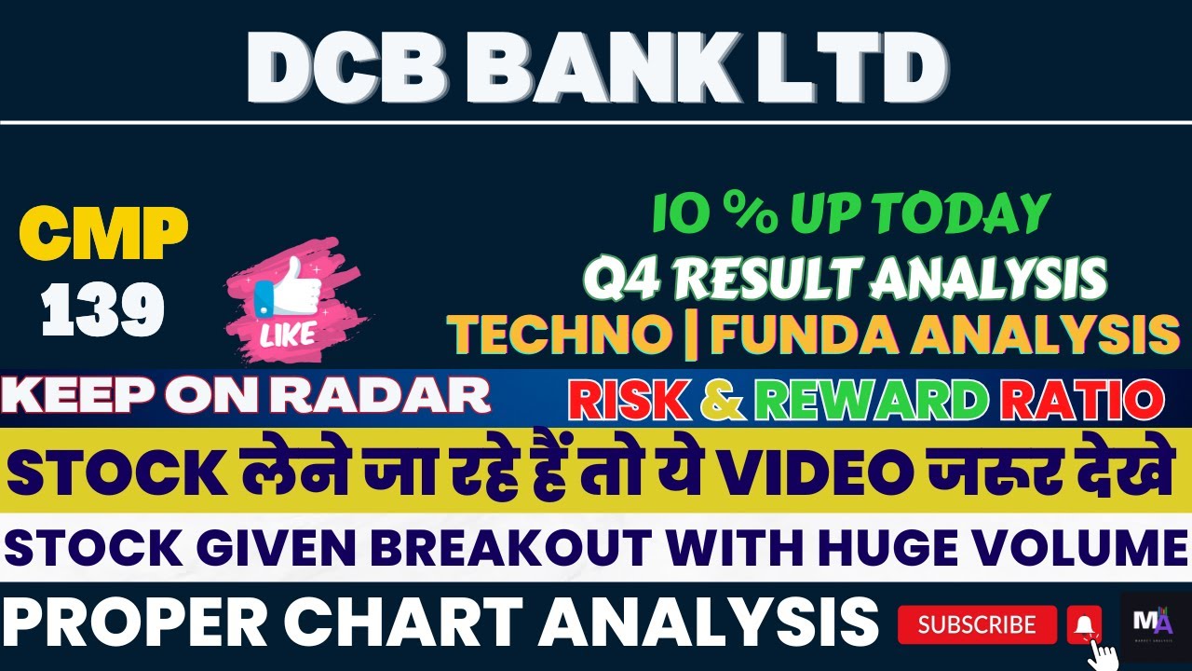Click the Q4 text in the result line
pos(616,278)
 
